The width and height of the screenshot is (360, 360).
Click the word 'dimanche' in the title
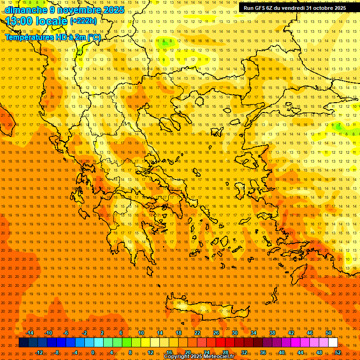(23, 10)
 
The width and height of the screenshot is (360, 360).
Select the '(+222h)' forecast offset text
(83, 21)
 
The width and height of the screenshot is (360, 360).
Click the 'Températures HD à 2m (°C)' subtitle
(52, 37)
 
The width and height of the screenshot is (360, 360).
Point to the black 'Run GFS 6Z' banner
(294, 8)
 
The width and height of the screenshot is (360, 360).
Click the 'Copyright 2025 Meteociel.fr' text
(199, 357)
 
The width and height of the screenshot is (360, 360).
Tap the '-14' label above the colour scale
(30, 333)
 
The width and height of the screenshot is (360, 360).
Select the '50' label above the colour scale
(329, 333)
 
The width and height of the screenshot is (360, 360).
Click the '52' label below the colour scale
(338, 352)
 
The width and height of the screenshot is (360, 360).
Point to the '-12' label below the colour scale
(39, 352)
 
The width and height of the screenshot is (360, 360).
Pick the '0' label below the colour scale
(93, 352)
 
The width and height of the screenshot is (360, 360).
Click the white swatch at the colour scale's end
(333, 343)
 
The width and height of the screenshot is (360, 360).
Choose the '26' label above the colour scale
(216, 333)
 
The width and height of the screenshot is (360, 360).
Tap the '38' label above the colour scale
(272, 333)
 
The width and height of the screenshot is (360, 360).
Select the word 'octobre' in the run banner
(322, 8)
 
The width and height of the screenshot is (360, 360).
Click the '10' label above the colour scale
(141, 333)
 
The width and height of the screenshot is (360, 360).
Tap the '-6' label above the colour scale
(66, 333)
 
